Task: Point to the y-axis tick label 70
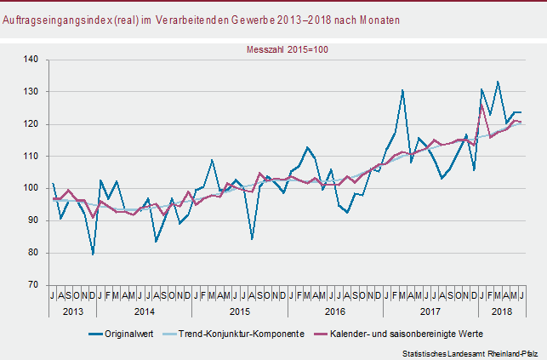33,285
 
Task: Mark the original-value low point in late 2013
93,254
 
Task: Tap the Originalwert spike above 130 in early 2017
402,90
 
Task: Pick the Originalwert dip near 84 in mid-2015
252,239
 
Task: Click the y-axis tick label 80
33,253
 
